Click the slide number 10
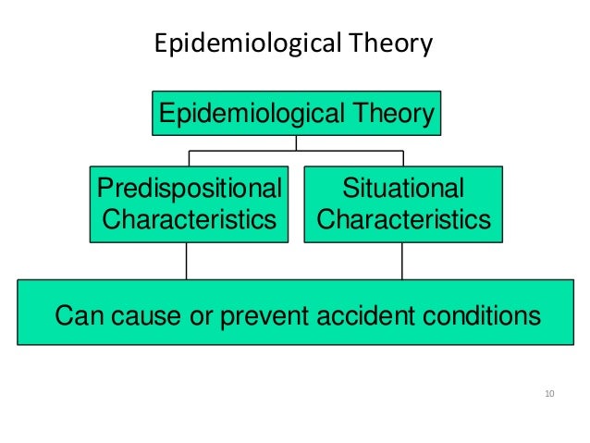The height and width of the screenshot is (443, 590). click(549, 395)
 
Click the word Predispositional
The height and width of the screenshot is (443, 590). click(189, 190)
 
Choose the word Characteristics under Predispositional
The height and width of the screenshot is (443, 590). click(189, 220)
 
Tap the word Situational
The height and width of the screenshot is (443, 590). click(403, 190)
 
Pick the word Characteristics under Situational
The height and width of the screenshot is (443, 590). click(403, 220)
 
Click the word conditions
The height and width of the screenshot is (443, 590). click(476, 316)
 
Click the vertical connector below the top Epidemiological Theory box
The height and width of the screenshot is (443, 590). click(297, 142)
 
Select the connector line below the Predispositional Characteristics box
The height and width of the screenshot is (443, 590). click(188, 261)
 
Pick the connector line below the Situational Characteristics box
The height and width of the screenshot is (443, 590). click(402, 261)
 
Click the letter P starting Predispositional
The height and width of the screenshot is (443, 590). click(104, 190)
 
